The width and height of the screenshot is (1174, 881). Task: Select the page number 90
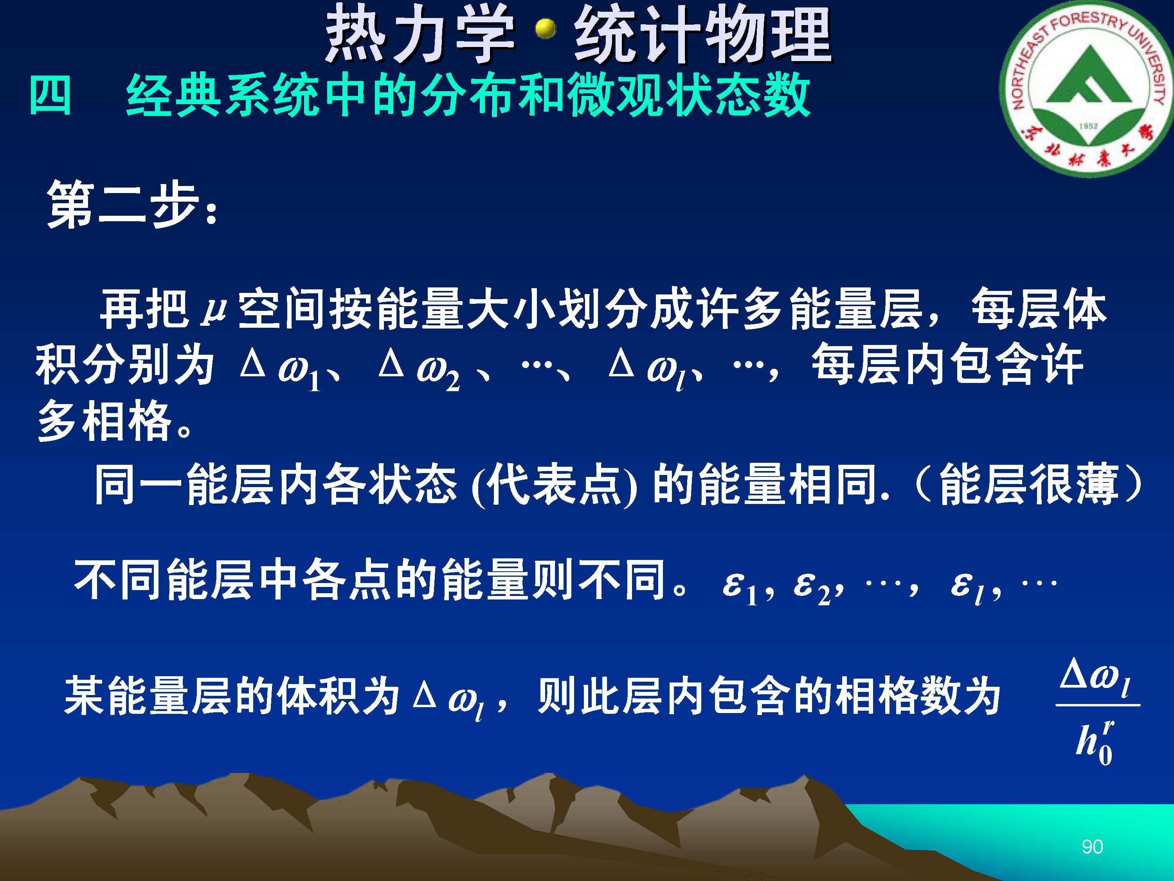(x=1092, y=847)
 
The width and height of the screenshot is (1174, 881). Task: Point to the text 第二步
(x=122, y=204)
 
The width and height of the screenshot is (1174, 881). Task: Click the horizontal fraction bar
(x=1098, y=705)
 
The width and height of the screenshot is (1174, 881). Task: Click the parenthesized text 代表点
(x=555, y=484)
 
